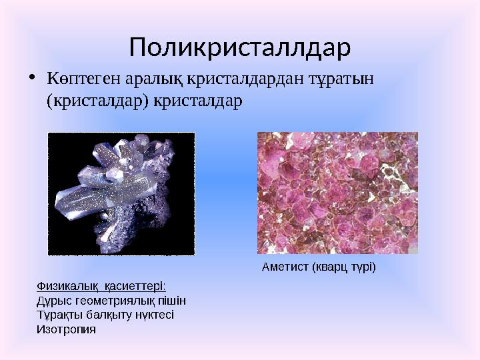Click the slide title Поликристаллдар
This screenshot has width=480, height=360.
click(x=240, y=47)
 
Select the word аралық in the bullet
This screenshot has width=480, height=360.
click(x=145, y=79)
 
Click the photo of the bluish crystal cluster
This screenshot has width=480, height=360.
click(x=121, y=193)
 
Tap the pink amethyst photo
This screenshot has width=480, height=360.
click(x=337, y=193)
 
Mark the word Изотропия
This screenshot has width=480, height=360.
click(x=65, y=329)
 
